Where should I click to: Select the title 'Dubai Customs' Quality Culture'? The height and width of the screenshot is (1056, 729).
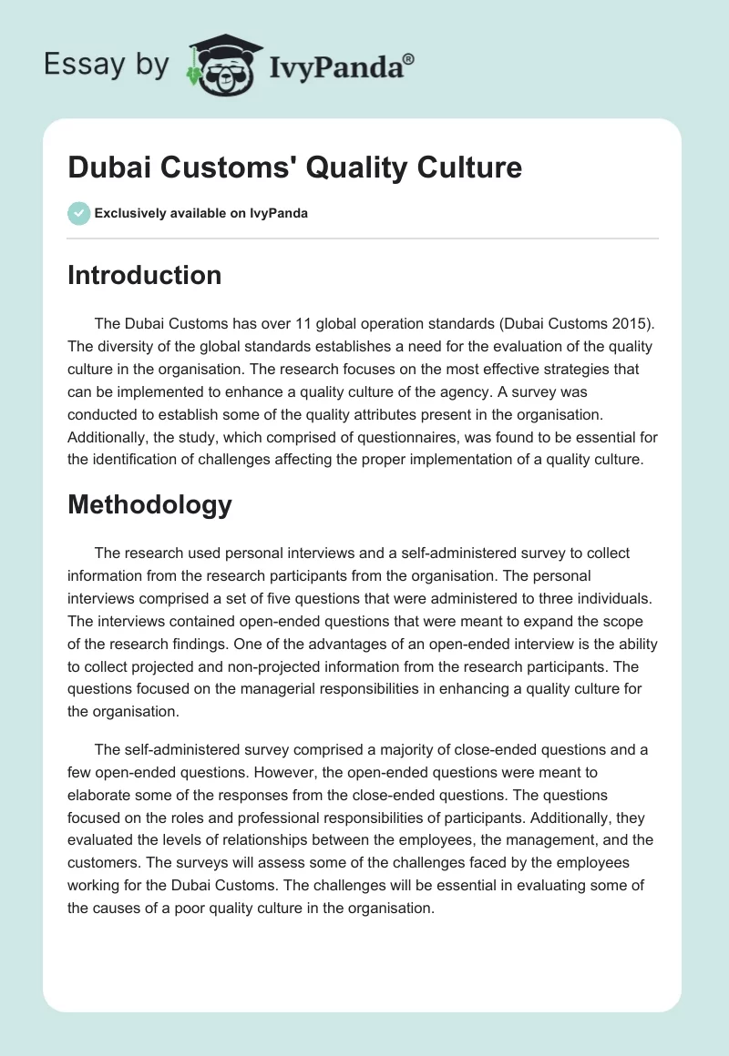click(x=294, y=168)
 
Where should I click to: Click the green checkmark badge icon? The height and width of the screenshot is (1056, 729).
click(x=78, y=213)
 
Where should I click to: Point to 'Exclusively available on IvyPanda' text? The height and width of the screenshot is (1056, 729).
click(x=201, y=214)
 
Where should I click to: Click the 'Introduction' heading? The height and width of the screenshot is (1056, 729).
click(x=144, y=275)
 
